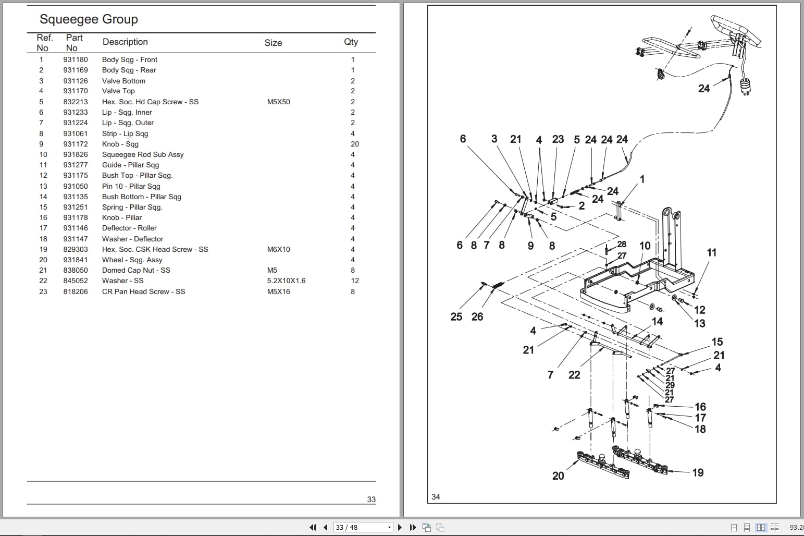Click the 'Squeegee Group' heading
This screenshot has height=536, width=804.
(x=89, y=19)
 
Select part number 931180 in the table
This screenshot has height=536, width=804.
(x=76, y=59)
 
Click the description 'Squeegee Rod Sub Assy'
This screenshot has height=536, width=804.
(x=143, y=154)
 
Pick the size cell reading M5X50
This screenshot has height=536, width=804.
(x=278, y=102)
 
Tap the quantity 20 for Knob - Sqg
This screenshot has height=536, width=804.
(x=354, y=144)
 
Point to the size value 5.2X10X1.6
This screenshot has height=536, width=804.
(x=286, y=281)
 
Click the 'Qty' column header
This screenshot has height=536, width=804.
(x=351, y=42)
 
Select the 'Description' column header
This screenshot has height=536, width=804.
(x=125, y=42)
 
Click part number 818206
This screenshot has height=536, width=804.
(x=76, y=291)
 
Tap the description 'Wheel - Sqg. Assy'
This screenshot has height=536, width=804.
(x=132, y=260)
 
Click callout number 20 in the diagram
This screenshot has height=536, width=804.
(x=558, y=476)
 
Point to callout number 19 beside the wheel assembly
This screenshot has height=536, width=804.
(x=698, y=472)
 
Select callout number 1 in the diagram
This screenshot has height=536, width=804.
(x=642, y=179)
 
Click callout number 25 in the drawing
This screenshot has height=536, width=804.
(x=456, y=316)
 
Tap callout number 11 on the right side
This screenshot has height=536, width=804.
(x=711, y=252)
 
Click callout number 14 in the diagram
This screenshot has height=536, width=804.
(x=657, y=322)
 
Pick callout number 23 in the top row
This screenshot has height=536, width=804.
(x=558, y=139)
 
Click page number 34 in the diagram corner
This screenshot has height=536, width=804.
(x=436, y=496)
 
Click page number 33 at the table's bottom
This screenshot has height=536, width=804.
(x=371, y=499)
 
